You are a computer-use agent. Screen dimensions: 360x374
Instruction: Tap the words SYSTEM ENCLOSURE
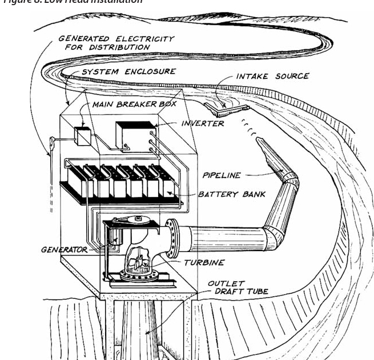[128, 72]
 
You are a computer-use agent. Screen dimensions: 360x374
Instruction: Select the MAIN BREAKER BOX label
[126, 106]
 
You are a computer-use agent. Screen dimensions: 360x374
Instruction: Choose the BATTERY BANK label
[232, 194]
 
